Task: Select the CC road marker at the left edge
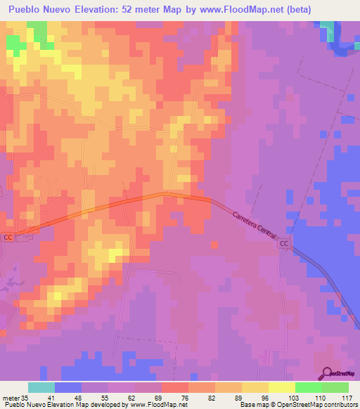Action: point(8,237)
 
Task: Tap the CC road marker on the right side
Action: point(284,244)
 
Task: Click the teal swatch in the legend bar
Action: point(41,387)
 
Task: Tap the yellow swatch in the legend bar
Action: point(281,387)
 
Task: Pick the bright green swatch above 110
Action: point(308,387)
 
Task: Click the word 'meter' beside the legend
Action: point(10,398)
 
